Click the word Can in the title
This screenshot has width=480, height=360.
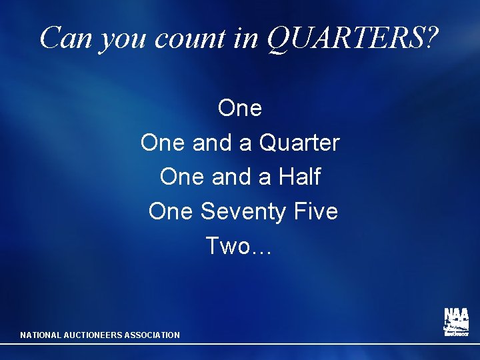click(65, 38)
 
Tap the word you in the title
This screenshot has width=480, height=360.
click(120, 40)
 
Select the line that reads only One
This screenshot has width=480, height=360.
click(240, 107)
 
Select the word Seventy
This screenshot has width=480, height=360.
click(244, 212)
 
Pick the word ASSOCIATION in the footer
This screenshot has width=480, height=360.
click(153, 335)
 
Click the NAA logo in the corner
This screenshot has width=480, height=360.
click(457, 322)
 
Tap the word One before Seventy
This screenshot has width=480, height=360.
click(171, 211)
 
